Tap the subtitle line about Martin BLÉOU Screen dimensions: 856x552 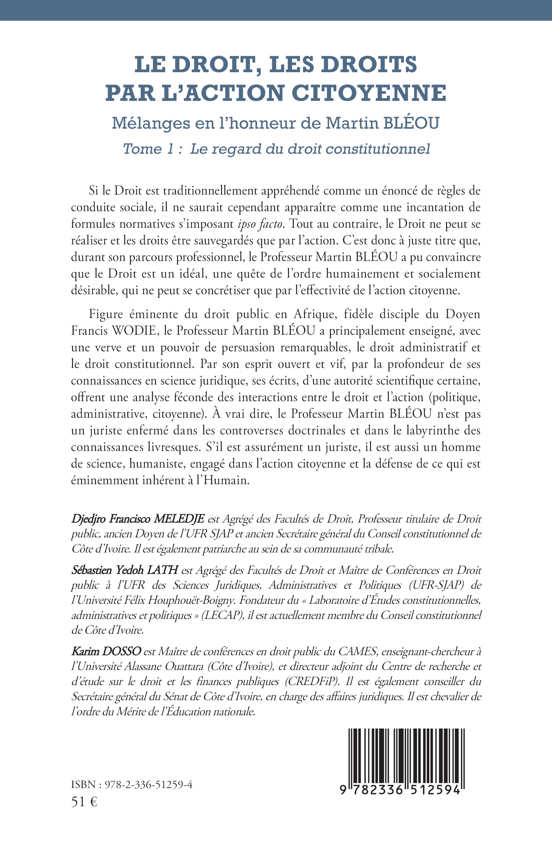click(276, 123)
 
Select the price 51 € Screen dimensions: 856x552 click(84, 802)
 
